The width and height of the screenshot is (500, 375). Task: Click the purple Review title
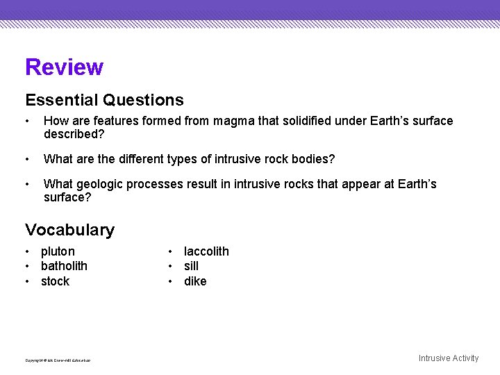pyautogui.click(x=64, y=67)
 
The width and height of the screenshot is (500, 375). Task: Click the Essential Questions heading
pyautogui.click(x=104, y=101)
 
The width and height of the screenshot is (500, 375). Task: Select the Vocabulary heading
pyautogui.click(x=69, y=230)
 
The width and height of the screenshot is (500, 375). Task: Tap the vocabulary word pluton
pyautogui.click(x=58, y=251)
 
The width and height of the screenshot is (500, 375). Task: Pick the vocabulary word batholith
pyautogui.click(x=64, y=266)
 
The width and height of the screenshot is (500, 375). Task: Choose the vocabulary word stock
pyautogui.click(x=55, y=281)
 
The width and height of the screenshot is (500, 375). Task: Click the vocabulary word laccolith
pyautogui.click(x=206, y=251)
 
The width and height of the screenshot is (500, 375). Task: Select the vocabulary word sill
pyautogui.click(x=191, y=266)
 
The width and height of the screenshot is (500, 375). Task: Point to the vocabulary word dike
pyautogui.click(x=195, y=281)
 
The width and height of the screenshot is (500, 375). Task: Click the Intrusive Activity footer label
pyautogui.click(x=448, y=358)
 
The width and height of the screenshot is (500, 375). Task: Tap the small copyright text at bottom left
pyautogui.click(x=58, y=360)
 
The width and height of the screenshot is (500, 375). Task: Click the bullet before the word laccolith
pyautogui.click(x=170, y=251)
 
